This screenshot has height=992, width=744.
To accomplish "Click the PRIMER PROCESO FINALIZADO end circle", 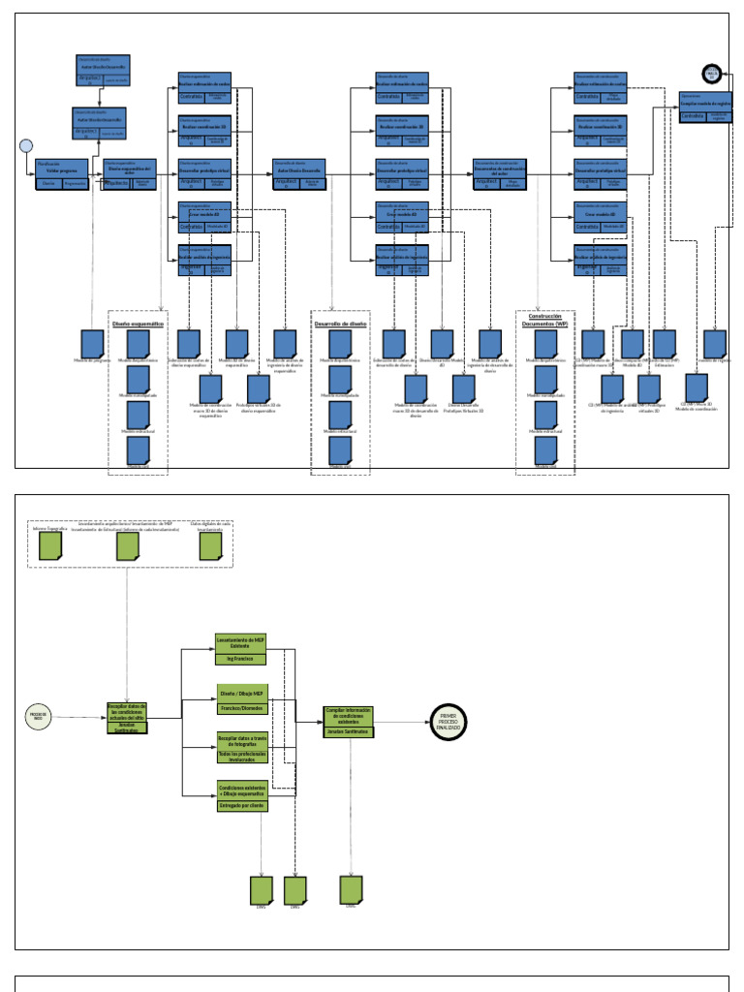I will tap(448, 718).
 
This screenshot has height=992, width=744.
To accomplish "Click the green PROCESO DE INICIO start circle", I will tap(38, 718).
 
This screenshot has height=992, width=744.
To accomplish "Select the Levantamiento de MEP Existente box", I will tap(239, 644).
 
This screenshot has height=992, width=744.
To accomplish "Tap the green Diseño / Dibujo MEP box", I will tap(241, 694).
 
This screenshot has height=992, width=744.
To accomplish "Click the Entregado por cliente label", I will tap(241, 805).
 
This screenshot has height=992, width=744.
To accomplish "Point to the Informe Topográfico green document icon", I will tap(50, 548).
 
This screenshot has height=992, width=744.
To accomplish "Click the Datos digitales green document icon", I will tap(211, 548).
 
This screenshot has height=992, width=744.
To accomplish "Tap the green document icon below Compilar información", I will tap(351, 889).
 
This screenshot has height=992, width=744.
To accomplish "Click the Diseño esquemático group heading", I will tap(137, 324).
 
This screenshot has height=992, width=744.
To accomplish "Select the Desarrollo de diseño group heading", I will tap(339, 324).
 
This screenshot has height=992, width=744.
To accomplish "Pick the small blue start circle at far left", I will tap(25, 146).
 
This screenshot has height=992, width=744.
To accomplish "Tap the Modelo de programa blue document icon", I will tap(92, 344).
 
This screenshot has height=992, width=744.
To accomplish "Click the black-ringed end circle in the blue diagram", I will tap(712, 73).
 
